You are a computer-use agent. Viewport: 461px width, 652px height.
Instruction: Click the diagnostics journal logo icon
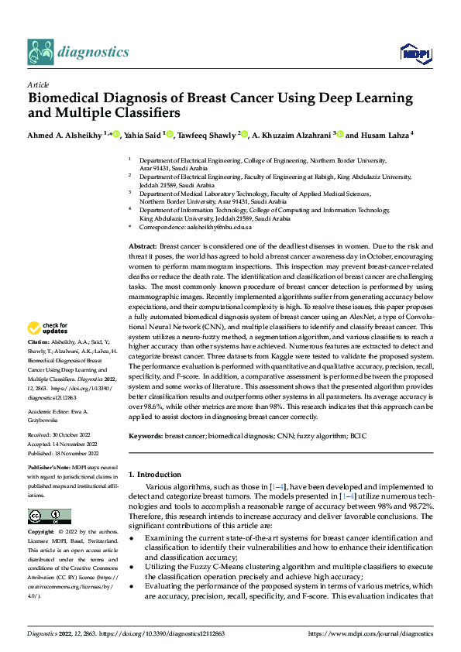coord(40,52)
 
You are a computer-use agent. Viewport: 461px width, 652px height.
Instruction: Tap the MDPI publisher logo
coord(415,53)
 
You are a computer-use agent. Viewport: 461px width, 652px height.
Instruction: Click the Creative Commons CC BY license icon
coord(49,516)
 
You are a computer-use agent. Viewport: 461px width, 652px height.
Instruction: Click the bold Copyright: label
coord(41,533)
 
